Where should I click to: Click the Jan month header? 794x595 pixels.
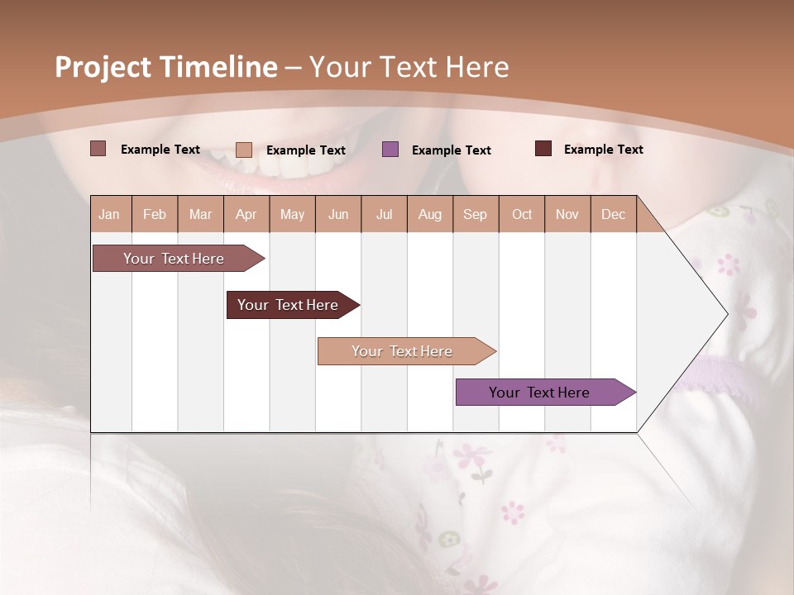(x=109, y=214)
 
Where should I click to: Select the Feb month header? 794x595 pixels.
(x=155, y=214)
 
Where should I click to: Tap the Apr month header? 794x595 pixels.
(x=246, y=214)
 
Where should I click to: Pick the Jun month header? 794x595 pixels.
(x=338, y=214)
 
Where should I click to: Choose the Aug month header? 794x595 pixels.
(x=429, y=214)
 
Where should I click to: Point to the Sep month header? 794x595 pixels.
(x=475, y=214)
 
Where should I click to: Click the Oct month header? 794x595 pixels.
(x=522, y=214)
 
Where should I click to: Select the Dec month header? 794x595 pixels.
(x=613, y=214)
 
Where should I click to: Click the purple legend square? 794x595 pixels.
(x=390, y=150)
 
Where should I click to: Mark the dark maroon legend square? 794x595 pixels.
(x=543, y=149)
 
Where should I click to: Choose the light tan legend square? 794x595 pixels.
(x=244, y=150)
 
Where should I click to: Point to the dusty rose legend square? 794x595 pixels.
(x=98, y=149)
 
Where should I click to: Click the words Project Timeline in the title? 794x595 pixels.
(x=166, y=67)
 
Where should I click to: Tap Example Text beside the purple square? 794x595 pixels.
(x=451, y=150)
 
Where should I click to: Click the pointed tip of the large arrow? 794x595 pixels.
(x=725, y=314)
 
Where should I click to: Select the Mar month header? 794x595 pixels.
(x=200, y=214)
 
